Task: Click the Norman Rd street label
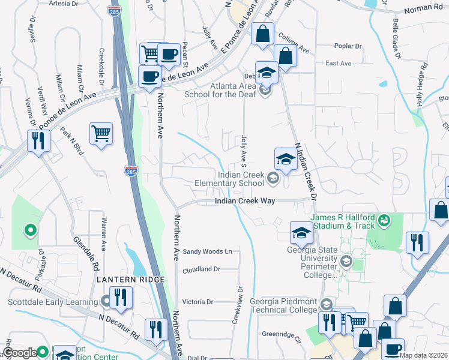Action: pyautogui.click(x=424, y=8)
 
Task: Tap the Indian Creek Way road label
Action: pyautogui.click(x=245, y=202)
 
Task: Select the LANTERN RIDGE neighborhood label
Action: pyautogui.click(x=129, y=280)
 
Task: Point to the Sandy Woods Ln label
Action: pyautogui.click(x=207, y=251)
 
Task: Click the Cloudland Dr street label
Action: pyautogui.click(x=202, y=270)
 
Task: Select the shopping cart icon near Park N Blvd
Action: pyautogui.click(x=101, y=133)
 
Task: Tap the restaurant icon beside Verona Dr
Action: pyautogui.click(x=39, y=141)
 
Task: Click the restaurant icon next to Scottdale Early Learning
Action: pyautogui.click(x=121, y=297)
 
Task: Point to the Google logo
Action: pyautogui.click(x=20, y=353)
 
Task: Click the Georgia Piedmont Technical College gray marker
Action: pyautogui.click(x=326, y=305)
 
